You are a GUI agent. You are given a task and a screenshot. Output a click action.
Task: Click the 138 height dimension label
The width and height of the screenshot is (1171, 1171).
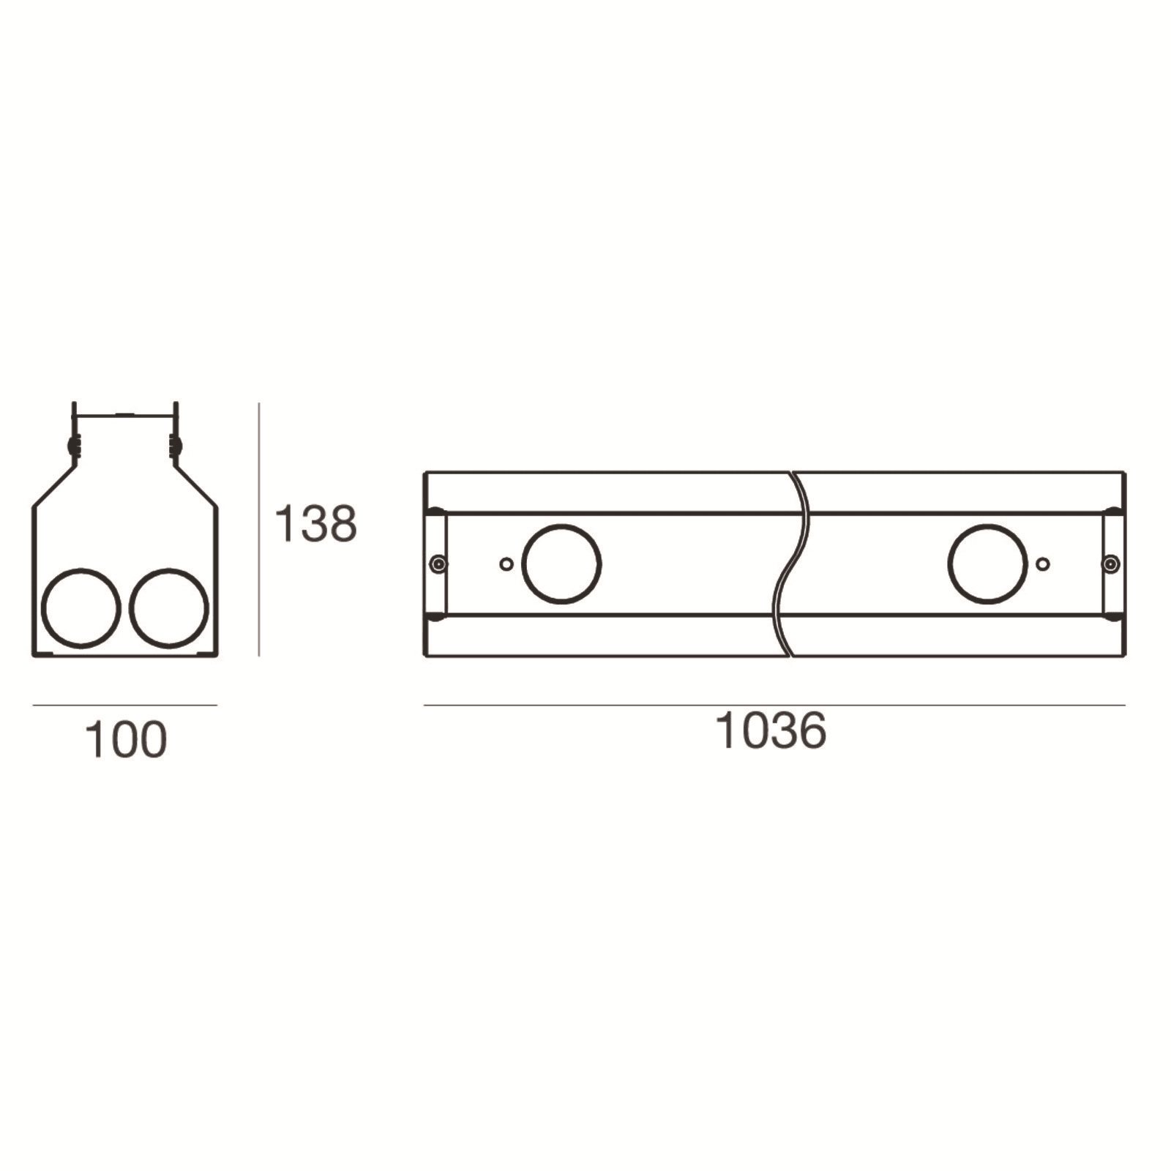click(x=315, y=523)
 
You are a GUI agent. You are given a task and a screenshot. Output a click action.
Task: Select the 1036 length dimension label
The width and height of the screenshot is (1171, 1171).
click(x=771, y=730)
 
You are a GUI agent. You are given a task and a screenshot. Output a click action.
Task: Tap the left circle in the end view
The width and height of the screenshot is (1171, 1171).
click(x=81, y=608)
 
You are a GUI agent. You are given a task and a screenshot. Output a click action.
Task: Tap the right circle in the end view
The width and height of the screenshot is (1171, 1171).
click(x=169, y=608)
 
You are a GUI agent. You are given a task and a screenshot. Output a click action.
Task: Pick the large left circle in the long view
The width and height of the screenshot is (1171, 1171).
click(x=561, y=564)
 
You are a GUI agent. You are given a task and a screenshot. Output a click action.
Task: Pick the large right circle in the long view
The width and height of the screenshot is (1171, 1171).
click(x=987, y=564)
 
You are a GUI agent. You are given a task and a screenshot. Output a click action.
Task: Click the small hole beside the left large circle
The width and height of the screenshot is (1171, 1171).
click(x=506, y=564)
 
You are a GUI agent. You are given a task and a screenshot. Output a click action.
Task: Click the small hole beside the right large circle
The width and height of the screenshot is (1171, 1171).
click(x=1044, y=564)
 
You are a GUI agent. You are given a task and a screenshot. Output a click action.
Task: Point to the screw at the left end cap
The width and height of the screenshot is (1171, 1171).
click(x=438, y=564)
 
